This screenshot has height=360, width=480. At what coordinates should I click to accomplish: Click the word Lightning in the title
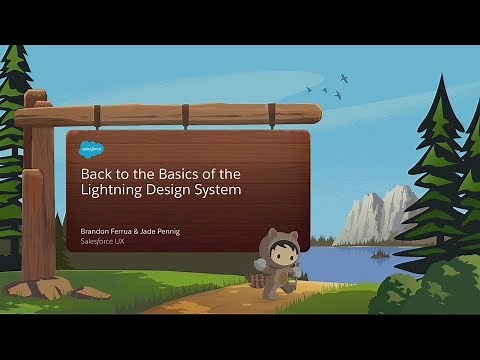pos(110,190)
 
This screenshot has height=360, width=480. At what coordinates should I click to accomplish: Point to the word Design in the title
pos(170,190)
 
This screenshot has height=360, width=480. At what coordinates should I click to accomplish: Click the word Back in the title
pos(96,172)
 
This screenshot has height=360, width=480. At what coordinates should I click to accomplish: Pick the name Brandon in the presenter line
pos(97,232)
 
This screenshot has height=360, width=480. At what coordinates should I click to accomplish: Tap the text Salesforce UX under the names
pos(104,243)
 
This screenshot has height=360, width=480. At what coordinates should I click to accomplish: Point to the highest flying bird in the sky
pos(345,77)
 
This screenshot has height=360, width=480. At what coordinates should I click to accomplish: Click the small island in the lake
pos(379,254)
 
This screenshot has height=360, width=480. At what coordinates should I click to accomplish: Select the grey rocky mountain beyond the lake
pos(375,215)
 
